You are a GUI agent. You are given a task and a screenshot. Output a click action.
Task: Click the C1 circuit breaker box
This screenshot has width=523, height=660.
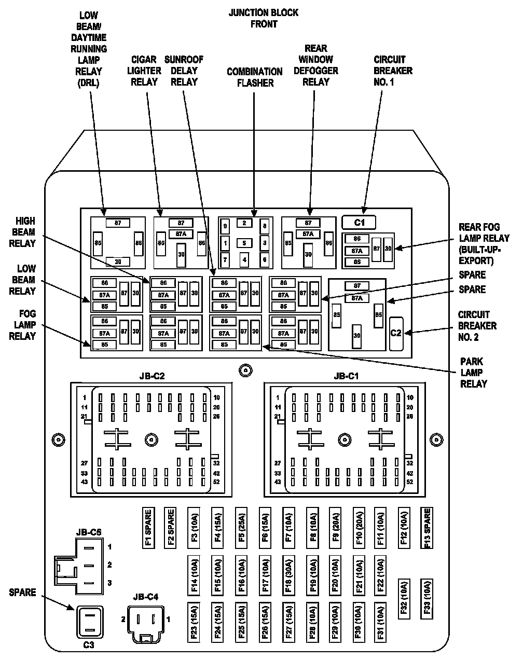tap(359, 223)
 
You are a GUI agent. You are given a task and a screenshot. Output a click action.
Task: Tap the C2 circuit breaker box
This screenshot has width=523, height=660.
tap(396, 333)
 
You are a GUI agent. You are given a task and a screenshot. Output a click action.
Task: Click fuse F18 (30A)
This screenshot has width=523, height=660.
tap(287, 576)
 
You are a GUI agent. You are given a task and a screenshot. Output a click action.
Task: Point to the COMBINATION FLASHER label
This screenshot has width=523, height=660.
tap(254, 77)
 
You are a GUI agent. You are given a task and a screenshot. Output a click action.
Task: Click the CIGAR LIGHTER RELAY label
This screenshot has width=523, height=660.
tap(144, 71)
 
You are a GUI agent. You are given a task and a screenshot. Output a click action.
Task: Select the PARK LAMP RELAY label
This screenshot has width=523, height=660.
tap(473, 373)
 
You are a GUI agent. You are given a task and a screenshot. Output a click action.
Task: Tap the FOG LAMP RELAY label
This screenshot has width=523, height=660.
tap(22, 325)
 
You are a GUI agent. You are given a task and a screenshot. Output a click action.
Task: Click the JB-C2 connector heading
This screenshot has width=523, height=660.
tap(152, 376)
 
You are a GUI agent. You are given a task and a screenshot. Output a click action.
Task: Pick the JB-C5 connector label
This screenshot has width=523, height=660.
tap(89, 531)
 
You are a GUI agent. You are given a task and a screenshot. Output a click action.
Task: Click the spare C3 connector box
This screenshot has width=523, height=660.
tap(90, 621)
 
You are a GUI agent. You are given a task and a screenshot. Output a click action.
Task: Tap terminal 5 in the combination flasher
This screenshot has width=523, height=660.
tap(244, 242)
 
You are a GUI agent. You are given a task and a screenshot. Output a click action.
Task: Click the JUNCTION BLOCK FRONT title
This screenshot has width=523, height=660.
tap(264, 18)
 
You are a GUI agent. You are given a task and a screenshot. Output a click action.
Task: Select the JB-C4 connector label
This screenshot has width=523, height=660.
tap(145, 597)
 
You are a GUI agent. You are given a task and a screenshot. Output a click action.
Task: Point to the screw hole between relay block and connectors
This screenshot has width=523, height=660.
tap(245, 370)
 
